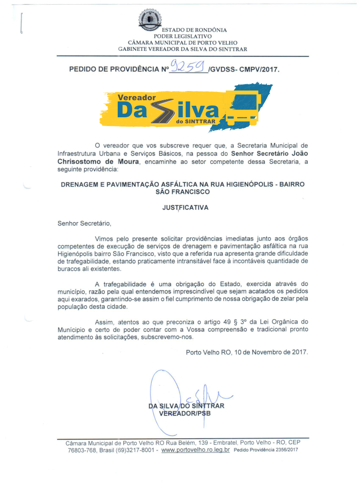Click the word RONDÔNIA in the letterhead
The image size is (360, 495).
click(210, 30)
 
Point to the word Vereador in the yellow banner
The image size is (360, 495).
click(137, 98)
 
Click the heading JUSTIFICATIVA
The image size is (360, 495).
click(185, 208)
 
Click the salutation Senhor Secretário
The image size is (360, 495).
click(84, 223)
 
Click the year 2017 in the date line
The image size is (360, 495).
click(299, 352)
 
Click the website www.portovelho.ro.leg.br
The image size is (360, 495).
click(196, 450)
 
